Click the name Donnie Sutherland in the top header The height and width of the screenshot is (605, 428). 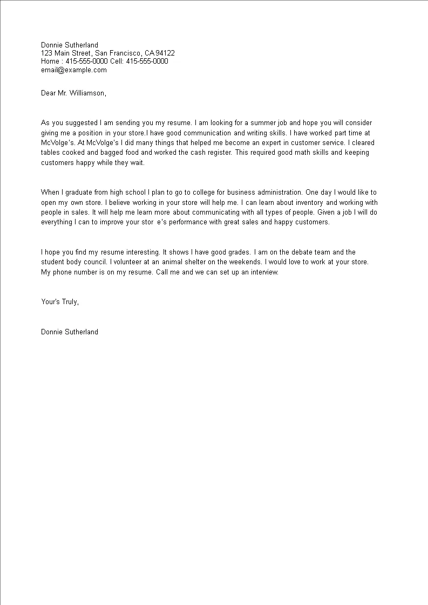(x=70, y=45)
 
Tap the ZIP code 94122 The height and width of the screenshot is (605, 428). (x=165, y=53)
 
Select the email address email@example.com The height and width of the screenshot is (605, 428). (x=74, y=70)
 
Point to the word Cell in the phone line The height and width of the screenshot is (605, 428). (x=117, y=61)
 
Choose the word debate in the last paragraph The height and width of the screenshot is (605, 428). (x=312, y=252)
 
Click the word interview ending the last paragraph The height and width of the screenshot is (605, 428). (x=262, y=272)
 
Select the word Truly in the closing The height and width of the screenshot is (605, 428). (x=69, y=301)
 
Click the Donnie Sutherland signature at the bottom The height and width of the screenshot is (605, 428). (x=70, y=332)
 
